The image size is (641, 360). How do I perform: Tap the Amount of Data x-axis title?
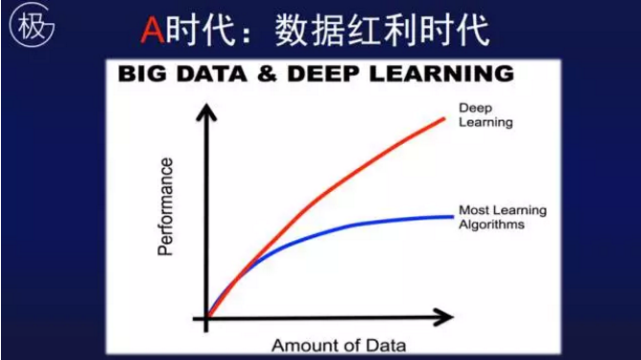[x=339, y=345]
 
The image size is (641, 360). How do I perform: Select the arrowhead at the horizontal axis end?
[x=443, y=316]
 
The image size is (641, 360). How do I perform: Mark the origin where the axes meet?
[x=204, y=316]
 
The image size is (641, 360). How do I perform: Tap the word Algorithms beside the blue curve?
[x=491, y=225]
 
